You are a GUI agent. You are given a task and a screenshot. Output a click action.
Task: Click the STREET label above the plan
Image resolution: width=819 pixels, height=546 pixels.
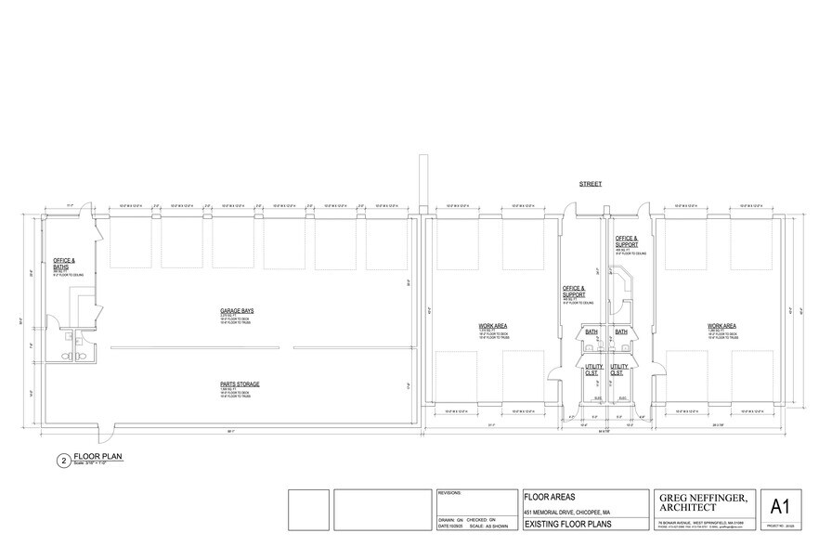point(591,184)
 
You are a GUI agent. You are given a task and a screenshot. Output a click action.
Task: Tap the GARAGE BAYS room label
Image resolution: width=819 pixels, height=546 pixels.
point(238,310)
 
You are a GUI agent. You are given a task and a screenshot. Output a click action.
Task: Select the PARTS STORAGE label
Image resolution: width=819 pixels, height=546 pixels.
point(240,383)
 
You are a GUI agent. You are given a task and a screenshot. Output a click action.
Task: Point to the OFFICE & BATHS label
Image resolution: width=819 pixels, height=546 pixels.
point(64,263)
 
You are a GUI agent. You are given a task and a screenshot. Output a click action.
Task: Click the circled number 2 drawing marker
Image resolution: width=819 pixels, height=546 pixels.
point(63,459)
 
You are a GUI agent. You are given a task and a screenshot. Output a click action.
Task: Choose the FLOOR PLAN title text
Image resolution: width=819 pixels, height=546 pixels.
point(98,456)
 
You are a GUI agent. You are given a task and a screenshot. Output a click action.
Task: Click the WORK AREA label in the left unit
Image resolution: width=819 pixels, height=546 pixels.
point(491,326)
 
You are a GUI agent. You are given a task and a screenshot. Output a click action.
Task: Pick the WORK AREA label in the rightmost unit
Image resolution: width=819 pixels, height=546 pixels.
point(721,326)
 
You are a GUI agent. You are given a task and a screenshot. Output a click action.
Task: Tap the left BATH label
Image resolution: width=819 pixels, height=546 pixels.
point(590,331)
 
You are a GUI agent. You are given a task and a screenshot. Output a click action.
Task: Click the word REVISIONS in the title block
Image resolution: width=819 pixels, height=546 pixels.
point(450,495)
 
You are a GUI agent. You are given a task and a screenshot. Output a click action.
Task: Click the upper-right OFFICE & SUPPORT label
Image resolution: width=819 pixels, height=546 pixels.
point(627,241)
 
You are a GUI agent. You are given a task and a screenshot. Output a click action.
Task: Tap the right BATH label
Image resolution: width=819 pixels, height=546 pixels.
point(621,331)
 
